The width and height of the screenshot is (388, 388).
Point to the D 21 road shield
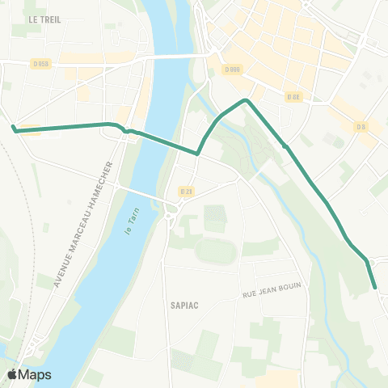pos(186,191)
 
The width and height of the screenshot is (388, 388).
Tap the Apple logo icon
pos(13,374)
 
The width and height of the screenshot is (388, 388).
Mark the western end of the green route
pos(14,128)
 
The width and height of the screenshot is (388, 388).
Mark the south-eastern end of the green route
pos(375,286)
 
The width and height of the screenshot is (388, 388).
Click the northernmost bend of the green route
pos(245,100)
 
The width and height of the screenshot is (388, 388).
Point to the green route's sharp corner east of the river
pos(197,153)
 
